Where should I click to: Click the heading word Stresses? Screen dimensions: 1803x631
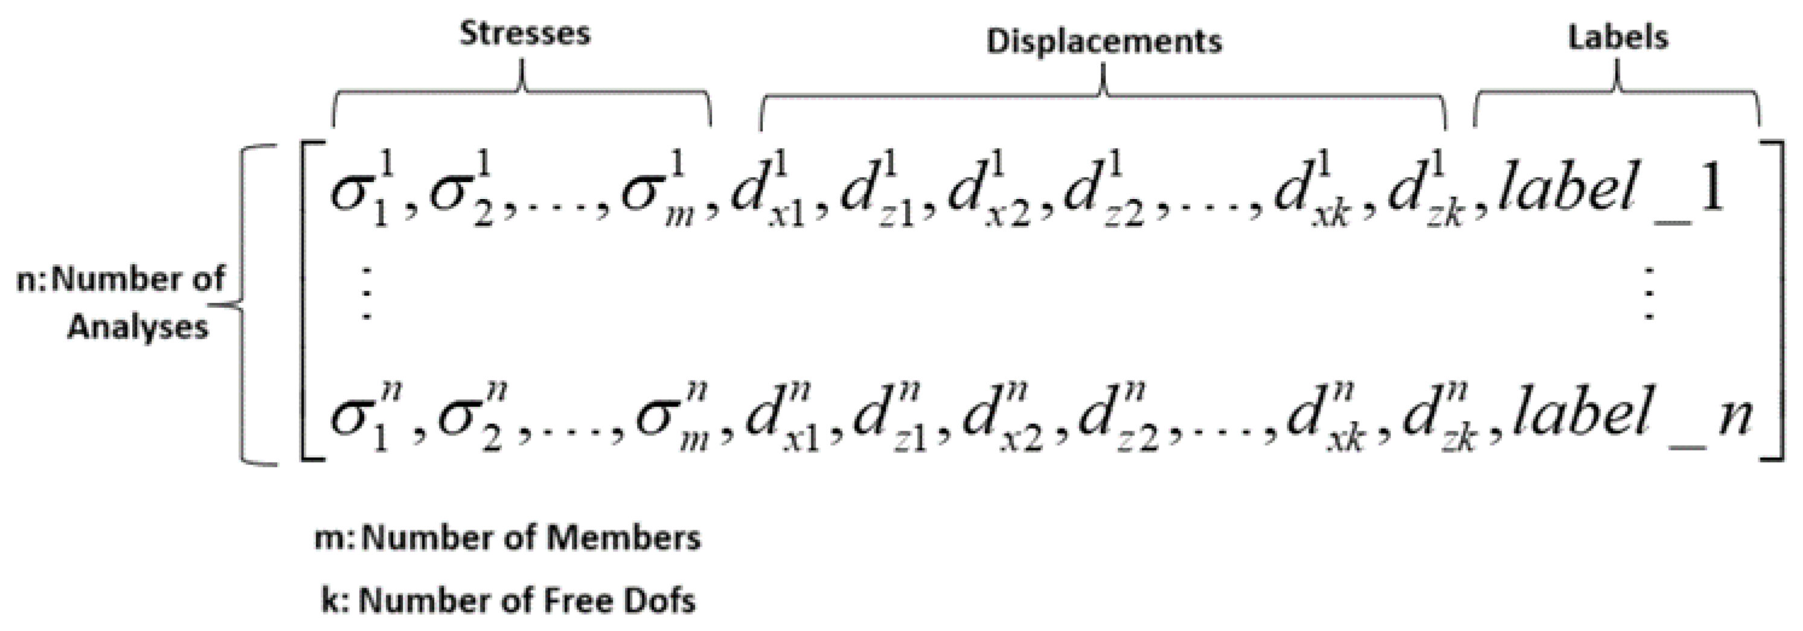click(524, 33)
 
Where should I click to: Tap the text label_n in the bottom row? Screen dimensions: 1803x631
click(1631, 416)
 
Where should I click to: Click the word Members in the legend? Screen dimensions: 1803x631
click(623, 538)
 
